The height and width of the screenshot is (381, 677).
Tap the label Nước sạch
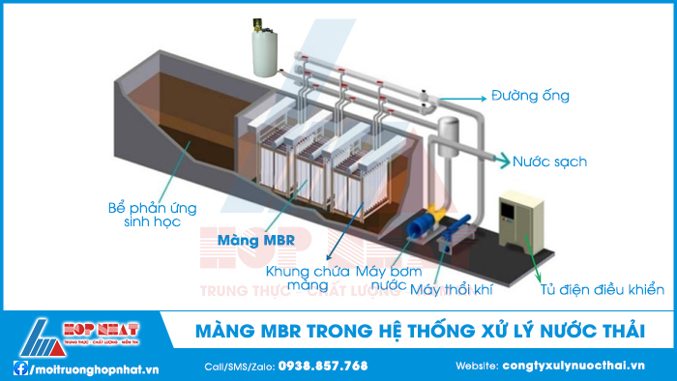(x=549, y=161)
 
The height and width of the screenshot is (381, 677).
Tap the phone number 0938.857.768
(x=323, y=366)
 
